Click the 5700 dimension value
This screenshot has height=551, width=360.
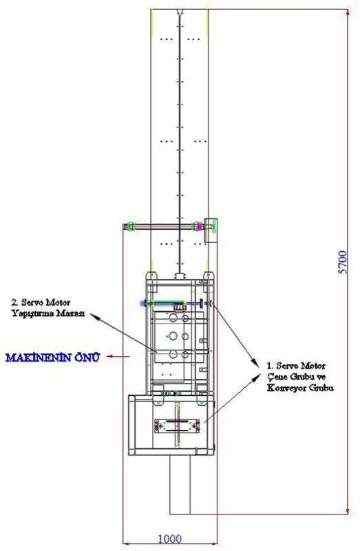click(x=342, y=262)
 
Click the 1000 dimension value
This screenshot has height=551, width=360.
click(x=170, y=539)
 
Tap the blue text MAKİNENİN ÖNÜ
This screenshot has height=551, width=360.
click(x=53, y=357)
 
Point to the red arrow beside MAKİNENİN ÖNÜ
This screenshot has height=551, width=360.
click(x=118, y=356)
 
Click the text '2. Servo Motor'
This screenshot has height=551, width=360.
click(x=41, y=302)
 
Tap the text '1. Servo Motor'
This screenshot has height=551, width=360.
click(x=296, y=366)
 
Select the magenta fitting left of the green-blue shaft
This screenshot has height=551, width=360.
click(x=142, y=303)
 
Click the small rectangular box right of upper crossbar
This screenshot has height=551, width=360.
click(x=211, y=231)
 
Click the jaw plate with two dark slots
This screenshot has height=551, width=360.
click(x=177, y=426)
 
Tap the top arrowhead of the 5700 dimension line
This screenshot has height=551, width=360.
click(x=348, y=12)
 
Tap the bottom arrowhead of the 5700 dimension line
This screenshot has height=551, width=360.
click(x=348, y=511)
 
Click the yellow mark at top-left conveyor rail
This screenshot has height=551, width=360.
click(x=151, y=23)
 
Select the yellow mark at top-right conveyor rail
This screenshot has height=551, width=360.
click(x=208, y=23)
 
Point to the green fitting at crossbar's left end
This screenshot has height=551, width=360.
click(x=131, y=226)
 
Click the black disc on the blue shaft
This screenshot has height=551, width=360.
click(x=202, y=303)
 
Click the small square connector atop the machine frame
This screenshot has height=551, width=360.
click(x=180, y=276)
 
